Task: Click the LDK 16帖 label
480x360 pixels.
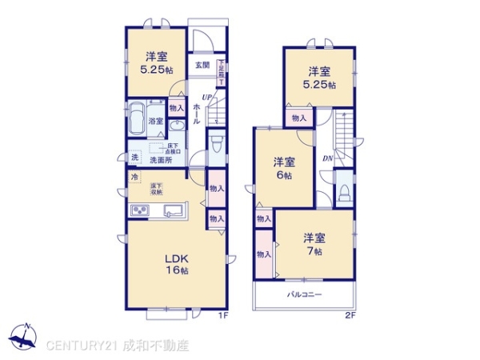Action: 177,264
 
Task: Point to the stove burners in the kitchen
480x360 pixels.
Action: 140,211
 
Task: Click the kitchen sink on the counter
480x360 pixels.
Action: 174,211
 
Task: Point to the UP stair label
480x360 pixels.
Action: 206,98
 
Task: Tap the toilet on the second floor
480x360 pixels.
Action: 343,192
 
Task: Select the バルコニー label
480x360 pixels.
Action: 305,295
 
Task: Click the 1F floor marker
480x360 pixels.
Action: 225,315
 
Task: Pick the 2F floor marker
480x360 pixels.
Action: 350,315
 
